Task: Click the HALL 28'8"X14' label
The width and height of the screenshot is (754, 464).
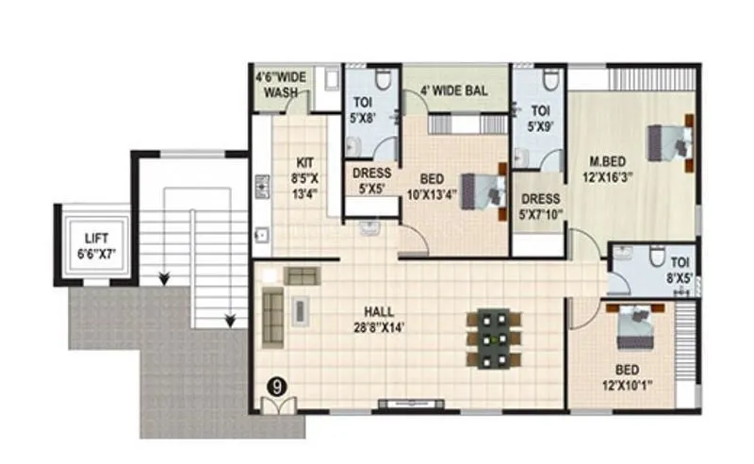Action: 381,318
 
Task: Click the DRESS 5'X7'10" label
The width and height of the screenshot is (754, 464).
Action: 540,207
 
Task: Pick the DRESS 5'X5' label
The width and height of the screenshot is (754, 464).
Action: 371,179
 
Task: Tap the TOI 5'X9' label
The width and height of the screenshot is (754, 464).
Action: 540,116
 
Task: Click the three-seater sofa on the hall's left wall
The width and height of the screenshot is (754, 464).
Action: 273,314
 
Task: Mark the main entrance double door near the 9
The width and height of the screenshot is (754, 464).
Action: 280,406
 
